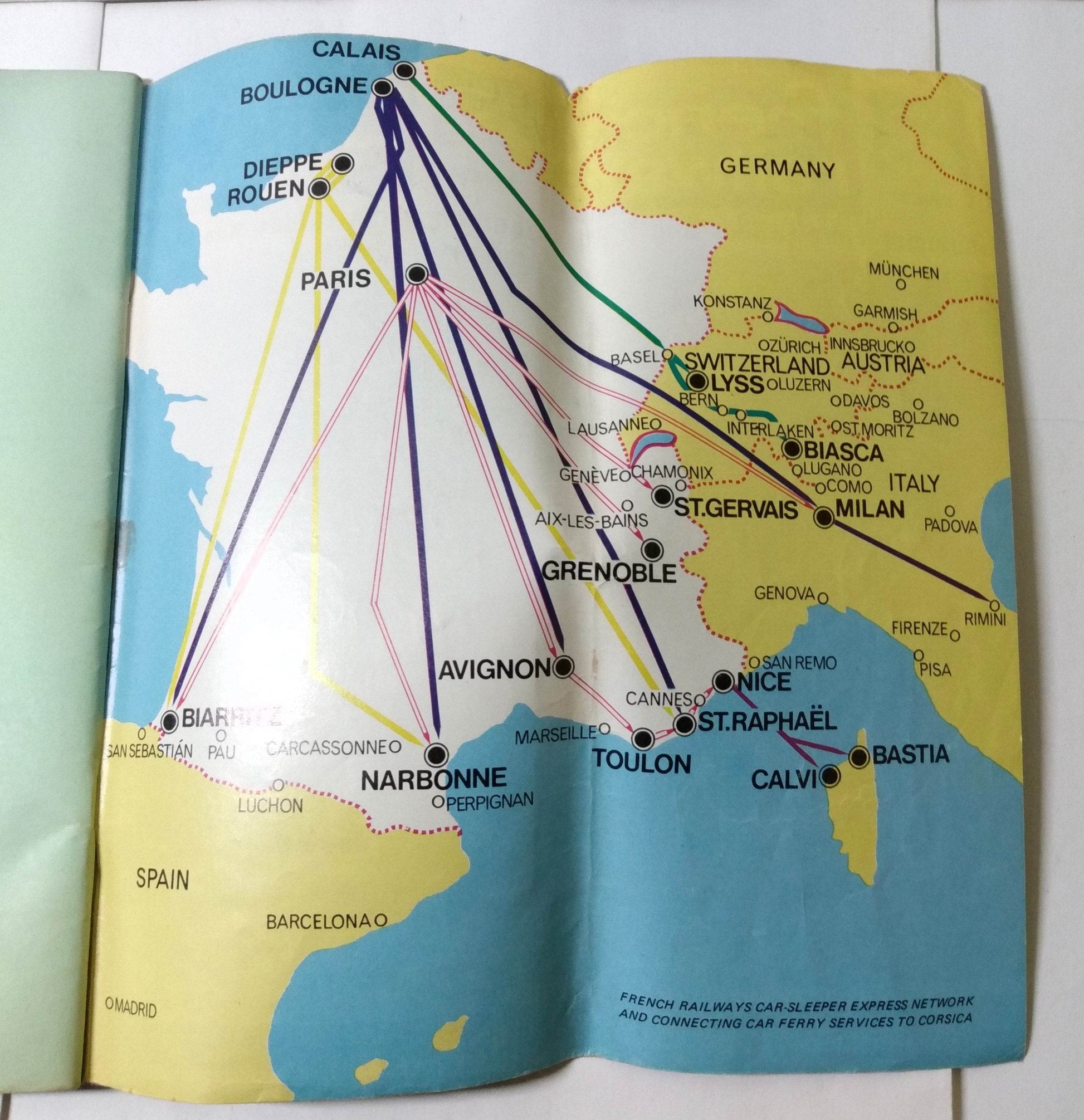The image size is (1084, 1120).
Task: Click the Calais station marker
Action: click(x=405, y=71)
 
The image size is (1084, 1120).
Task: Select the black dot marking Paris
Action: click(x=418, y=275)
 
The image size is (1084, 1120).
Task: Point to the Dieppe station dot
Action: click(x=342, y=163)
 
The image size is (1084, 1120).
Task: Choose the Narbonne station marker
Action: click(x=436, y=754)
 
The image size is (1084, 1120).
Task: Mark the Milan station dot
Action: click(x=824, y=517)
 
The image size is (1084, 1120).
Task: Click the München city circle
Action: click(x=901, y=282)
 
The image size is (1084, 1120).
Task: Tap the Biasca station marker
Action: click(x=792, y=449)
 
